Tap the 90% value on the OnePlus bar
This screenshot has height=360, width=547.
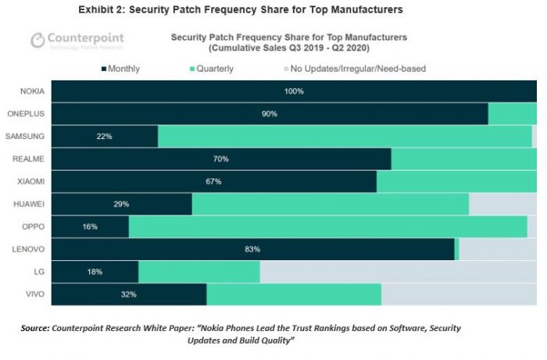tap(270, 114)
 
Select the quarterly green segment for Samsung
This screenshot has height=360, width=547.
tap(344, 137)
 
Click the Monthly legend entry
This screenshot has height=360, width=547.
tap(120, 69)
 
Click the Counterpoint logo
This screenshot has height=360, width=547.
tap(77, 41)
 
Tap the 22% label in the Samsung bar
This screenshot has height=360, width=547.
tap(105, 137)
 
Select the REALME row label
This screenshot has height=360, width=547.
tap(32, 159)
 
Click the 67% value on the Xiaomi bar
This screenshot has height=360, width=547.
tap(213, 181)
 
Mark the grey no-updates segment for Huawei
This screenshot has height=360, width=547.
tap(502, 204)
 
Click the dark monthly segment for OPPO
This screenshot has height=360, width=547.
tap(90, 226)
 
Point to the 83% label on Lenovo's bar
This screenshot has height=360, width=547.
tap(252, 249)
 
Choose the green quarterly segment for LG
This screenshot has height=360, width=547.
tap(198, 272)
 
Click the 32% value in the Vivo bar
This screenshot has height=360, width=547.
tap(129, 294)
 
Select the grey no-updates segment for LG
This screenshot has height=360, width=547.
tap(398, 272)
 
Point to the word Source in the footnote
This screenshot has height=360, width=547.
tap(35, 328)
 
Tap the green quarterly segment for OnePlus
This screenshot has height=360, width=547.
tap(512, 114)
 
